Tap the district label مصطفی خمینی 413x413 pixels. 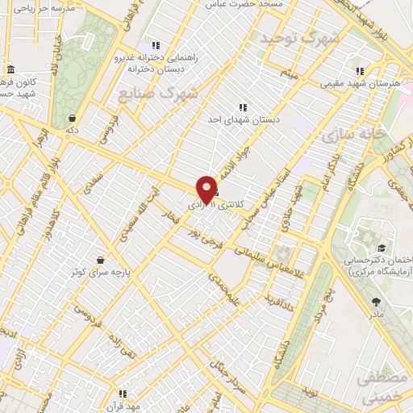[x=381, y=386]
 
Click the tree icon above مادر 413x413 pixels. [x=377, y=302]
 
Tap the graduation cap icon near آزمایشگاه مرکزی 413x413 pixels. [x=380, y=248]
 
